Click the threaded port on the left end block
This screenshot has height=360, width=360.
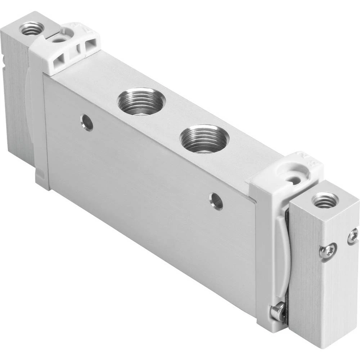tap(32, 28)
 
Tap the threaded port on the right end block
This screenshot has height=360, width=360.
tap(325, 200)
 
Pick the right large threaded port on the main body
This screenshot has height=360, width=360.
tap(204, 139)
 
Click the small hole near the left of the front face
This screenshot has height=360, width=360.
tap(87, 122)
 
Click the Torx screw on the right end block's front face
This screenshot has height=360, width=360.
tap(328, 251)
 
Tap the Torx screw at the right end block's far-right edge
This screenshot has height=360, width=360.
tap(353, 237)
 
